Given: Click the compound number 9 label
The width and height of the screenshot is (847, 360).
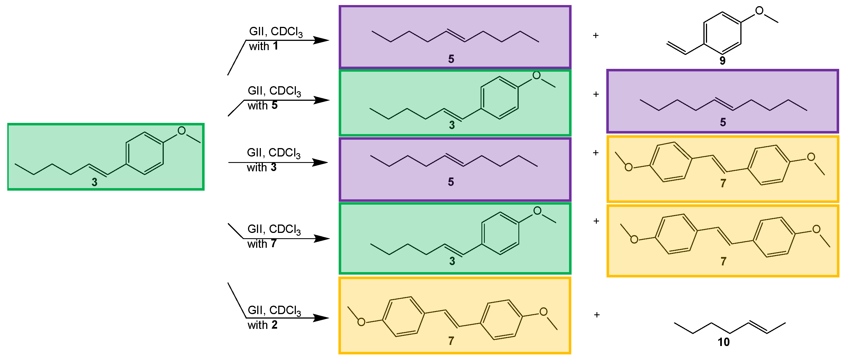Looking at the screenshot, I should click(722, 61).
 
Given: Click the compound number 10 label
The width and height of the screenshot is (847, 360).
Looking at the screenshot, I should click(723, 342).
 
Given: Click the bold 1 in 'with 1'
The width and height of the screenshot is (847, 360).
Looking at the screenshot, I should click(275, 46).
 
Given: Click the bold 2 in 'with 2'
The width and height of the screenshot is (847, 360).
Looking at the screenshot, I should click(274, 325).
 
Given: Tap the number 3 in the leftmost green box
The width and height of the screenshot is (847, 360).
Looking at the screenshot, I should click(94, 182).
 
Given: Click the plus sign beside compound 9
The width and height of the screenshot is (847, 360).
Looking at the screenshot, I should click(595, 36).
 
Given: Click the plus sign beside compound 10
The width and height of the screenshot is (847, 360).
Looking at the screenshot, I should click(597, 315).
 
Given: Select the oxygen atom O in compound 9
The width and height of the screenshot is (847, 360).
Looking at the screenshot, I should click(759, 11).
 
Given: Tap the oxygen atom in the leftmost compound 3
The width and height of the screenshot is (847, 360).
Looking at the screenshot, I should click(181, 131).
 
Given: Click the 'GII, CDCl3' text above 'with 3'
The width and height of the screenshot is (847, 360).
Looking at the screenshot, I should click(273, 153).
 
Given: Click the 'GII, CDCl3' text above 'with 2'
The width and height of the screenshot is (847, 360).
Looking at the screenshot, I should click(274, 310).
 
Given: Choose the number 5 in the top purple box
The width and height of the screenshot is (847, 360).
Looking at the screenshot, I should click(451, 59).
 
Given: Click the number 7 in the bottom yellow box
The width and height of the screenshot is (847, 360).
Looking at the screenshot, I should click(451, 341).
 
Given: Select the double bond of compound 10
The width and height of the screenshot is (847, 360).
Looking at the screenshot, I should click(758, 327).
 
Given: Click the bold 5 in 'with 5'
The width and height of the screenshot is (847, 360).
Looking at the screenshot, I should click(275, 105).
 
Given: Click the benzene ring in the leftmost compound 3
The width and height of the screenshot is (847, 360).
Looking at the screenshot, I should click(145, 153).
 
